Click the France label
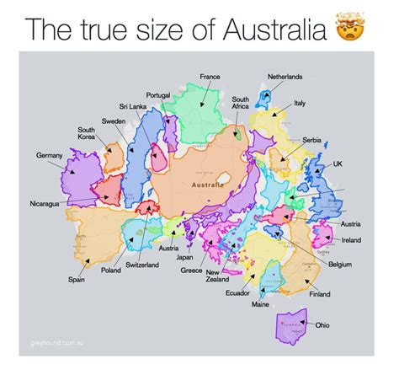tap(210, 77)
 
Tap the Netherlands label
tap(285, 77)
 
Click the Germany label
tap(49, 156)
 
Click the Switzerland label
tap(141, 265)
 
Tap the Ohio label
tap(323, 324)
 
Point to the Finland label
tap(319, 295)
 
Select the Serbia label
tap(311, 139)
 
